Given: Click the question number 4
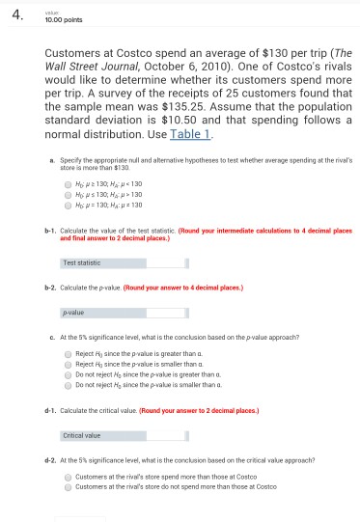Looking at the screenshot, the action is pyautogui.click(x=16, y=13).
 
